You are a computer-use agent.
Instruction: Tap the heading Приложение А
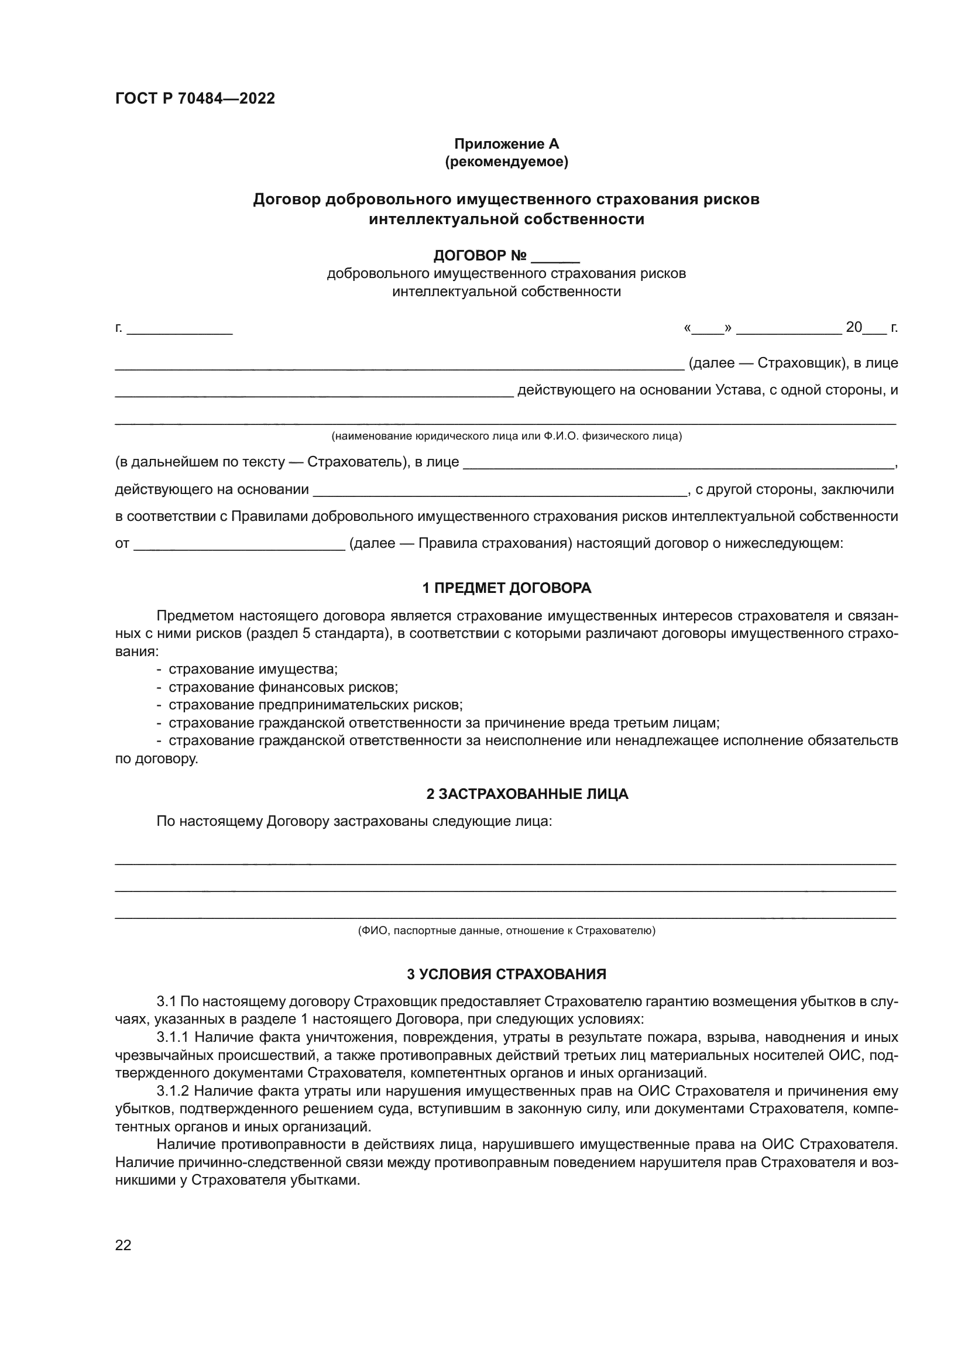tap(506, 144)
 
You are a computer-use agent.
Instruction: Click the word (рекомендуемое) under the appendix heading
tap(506, 162)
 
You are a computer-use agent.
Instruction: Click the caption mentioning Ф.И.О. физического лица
tap(506, 436)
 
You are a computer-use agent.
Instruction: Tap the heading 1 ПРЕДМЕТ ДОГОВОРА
tap(506, 588)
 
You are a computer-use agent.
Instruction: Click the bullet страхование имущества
tap(253, 669)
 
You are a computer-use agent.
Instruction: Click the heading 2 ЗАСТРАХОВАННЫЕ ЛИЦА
tap(527, 794)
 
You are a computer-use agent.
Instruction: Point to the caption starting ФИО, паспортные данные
tap(506, 931)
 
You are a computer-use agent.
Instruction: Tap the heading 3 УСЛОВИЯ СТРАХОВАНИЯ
tap(506, 975)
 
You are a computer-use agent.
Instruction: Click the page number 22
tap(123, 1245)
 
